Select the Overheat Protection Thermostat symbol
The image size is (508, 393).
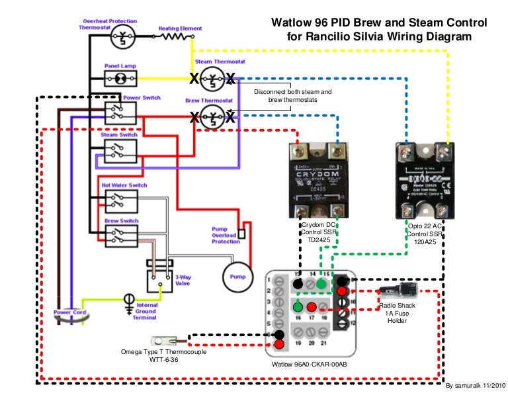click(122, 38)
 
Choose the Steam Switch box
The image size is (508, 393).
click(120, 150)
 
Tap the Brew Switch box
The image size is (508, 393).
click(120, 234)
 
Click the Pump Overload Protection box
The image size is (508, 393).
click(241, 233)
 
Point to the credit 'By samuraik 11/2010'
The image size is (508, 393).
click(475, 384)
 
